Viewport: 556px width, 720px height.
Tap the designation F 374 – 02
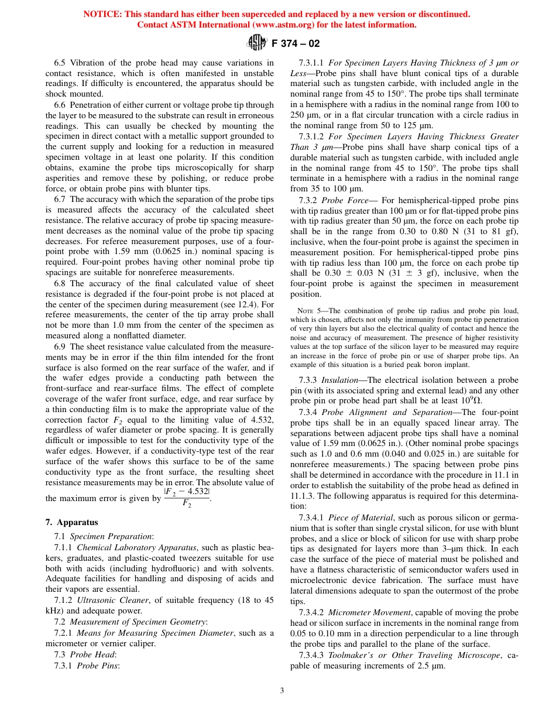296,43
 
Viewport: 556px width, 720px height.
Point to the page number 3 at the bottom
282,690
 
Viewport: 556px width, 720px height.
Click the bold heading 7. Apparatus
72,522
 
